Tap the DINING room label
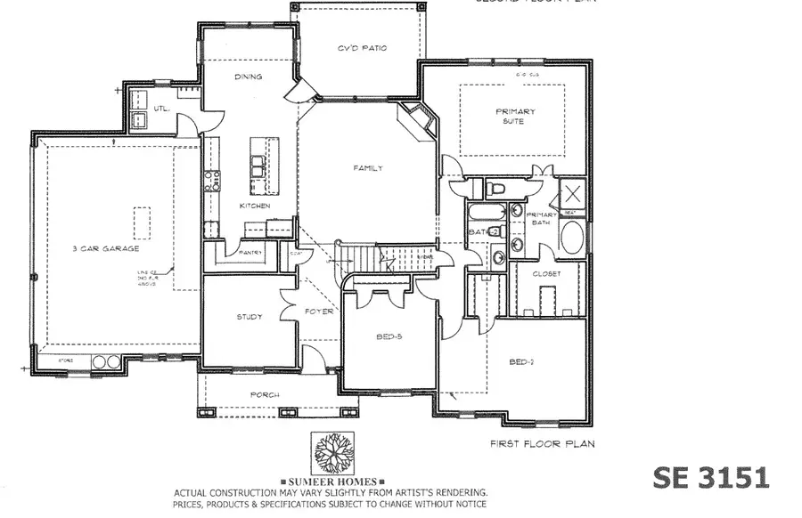click(x=248, y=77)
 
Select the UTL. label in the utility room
click(x=161, y=109)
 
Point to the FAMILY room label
click(x=368, y=168)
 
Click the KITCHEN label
click(x=254, y=206)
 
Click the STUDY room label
click(x=249, y=316)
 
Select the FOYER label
click(x=319, y=312)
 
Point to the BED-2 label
click(x=521, y=362)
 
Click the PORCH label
click(x=265, y=394)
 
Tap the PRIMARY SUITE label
click(x=515, y=117)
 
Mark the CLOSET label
click(x=547, y=274)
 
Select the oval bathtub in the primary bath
click(x=573, y=238)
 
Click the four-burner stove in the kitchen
click(x=213, y=183)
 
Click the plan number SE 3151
click(x=710, y=477)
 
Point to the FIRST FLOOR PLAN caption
click(x=542, y=442)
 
